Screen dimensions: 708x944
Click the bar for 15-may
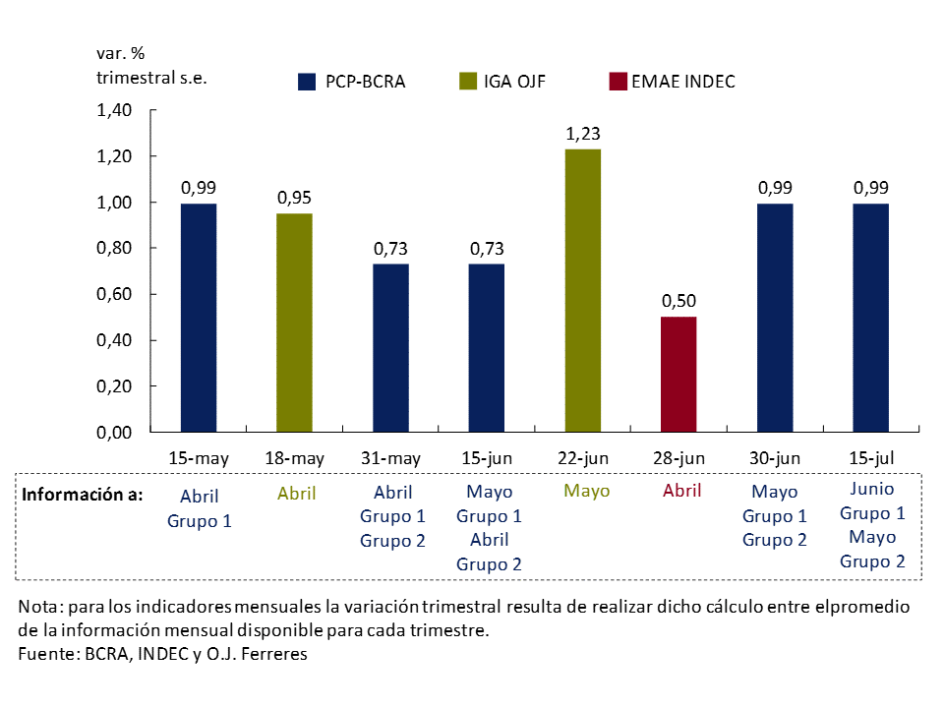coord(199,318)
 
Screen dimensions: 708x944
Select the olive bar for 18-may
coord(294,323)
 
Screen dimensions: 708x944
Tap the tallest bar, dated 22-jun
coord(582,290)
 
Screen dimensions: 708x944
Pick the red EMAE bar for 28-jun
coord(678,374)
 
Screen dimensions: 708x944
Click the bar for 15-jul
coord(870,318)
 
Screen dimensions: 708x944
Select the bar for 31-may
coord(390,348)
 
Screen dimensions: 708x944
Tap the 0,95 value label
coord(294,198)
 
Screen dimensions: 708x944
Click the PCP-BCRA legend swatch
coord(306,82)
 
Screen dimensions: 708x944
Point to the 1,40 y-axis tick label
coord(114,110)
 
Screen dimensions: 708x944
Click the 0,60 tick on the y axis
coord(114,294)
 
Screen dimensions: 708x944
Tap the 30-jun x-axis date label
coord(774,458)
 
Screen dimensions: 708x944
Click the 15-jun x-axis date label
coord(487,458)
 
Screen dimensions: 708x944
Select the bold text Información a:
coord(84,494)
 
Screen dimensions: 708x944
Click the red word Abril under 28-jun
coord(680,491)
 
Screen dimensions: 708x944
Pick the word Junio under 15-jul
coord(871,489)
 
